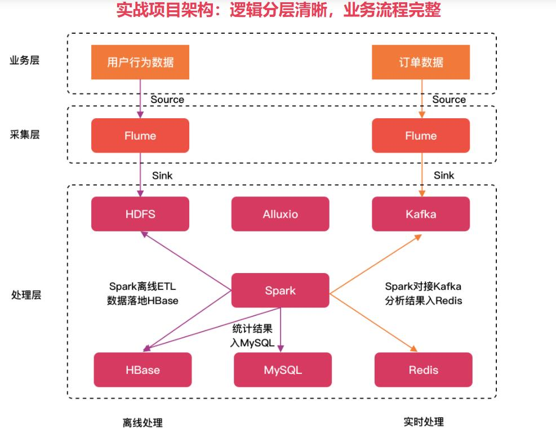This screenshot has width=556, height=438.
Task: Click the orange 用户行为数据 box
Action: tap(140, 61)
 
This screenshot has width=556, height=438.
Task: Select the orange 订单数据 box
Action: tap(421, 61)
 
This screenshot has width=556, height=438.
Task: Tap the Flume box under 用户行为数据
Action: tap(140, 136)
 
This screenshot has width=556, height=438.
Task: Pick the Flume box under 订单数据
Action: tap(421, 136)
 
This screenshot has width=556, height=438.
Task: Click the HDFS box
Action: tap(140, 214)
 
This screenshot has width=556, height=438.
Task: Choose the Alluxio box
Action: tap(280, 214)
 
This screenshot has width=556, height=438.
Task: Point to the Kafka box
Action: tap(421, 214)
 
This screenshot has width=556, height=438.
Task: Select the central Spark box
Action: tap(280, 290)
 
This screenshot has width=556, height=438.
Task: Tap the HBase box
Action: tap(143, 370)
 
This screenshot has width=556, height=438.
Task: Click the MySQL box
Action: tap(283, 370)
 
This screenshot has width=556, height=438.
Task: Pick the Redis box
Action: tap(424, 370)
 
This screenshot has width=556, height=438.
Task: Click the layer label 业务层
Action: tap(25, 61)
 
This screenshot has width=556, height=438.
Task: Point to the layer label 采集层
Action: tap(25, 135)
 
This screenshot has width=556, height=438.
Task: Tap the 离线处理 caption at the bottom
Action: tap(143, 423)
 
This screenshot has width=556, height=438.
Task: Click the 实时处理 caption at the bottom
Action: tap(424, 422)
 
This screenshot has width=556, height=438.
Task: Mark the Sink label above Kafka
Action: tap(444, 175)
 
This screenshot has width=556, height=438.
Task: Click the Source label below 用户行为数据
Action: tap(167, 100)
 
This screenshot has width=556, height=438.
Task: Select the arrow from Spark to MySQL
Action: tap(281, 329)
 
